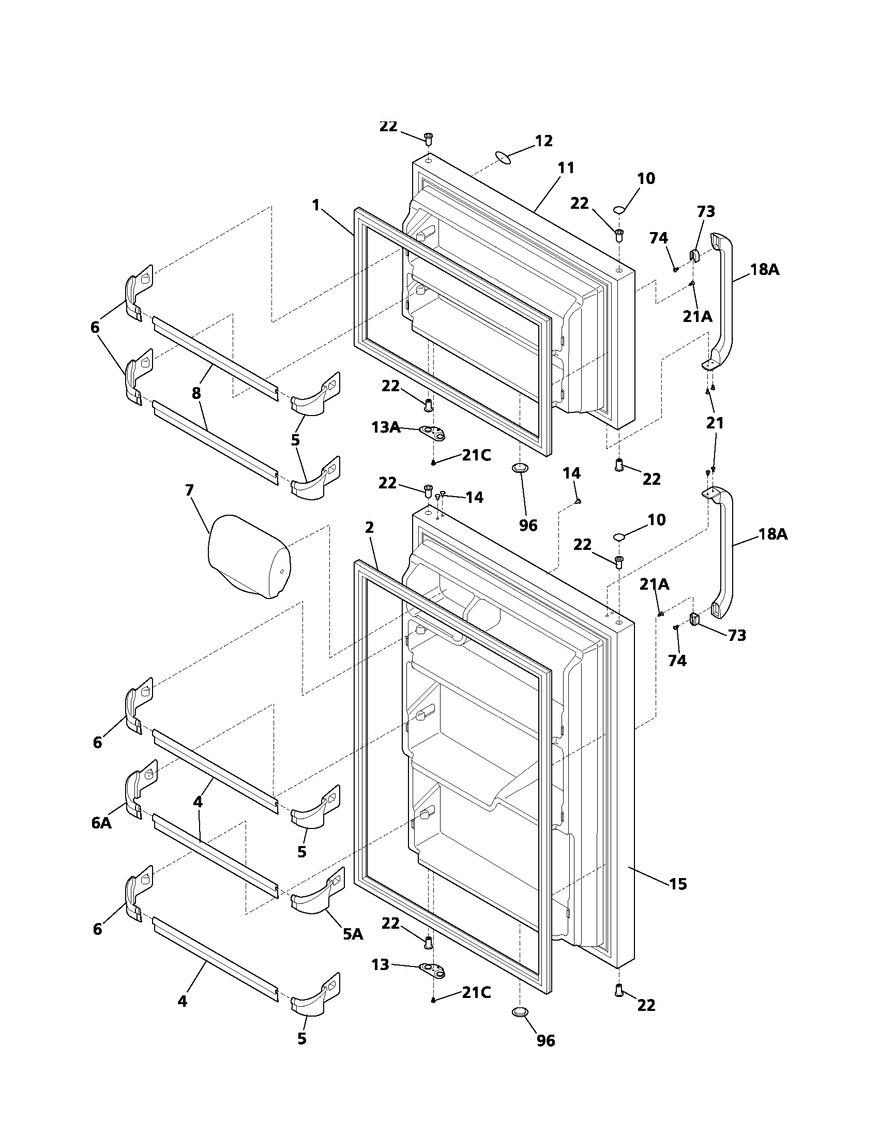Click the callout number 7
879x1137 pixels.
[x=189, y=490]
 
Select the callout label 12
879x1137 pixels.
[x=543, y=141]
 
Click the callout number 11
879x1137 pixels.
[x=566, y=168]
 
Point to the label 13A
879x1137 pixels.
[x=386, y=427]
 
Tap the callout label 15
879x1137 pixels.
[x=678, y=884]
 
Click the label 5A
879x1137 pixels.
[x=353, y=934]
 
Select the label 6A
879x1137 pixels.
[x=101, y=823]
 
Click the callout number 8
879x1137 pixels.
[x=196, y=393]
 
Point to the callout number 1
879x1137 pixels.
[x=315, y=206]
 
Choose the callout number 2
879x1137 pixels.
[x=369, y=527]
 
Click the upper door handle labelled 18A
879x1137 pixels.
[x=722, y=302]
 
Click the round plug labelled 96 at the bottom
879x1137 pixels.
[x=520, y=1011]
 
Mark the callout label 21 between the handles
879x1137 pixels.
[x=715, y=423]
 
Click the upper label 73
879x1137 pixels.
[x=706, y=212]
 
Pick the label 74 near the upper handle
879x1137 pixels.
[x=659, y=238]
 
